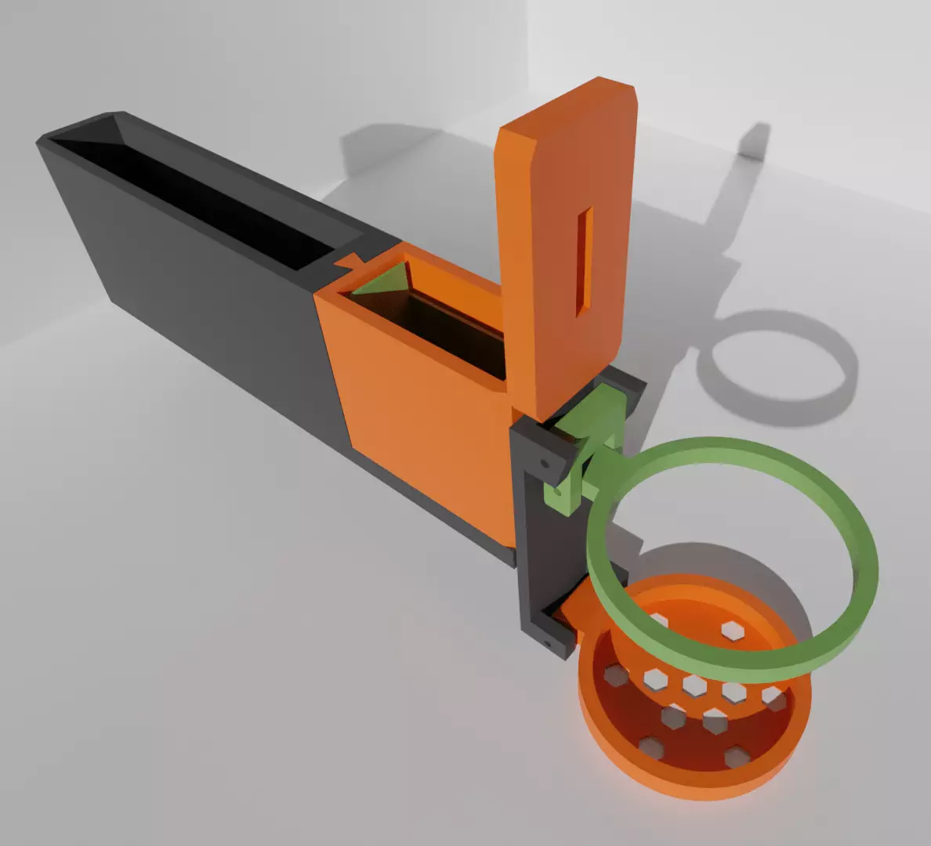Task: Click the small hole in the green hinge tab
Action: pyautogui.click(x=557, y=494)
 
